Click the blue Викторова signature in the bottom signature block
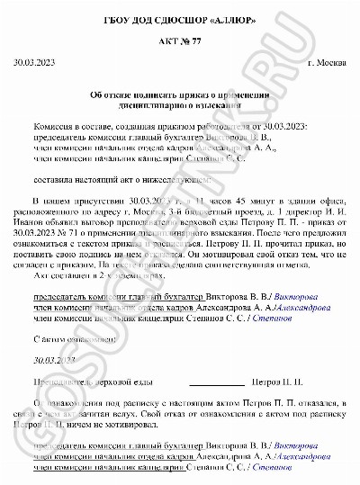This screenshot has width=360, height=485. tap(296, 446)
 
